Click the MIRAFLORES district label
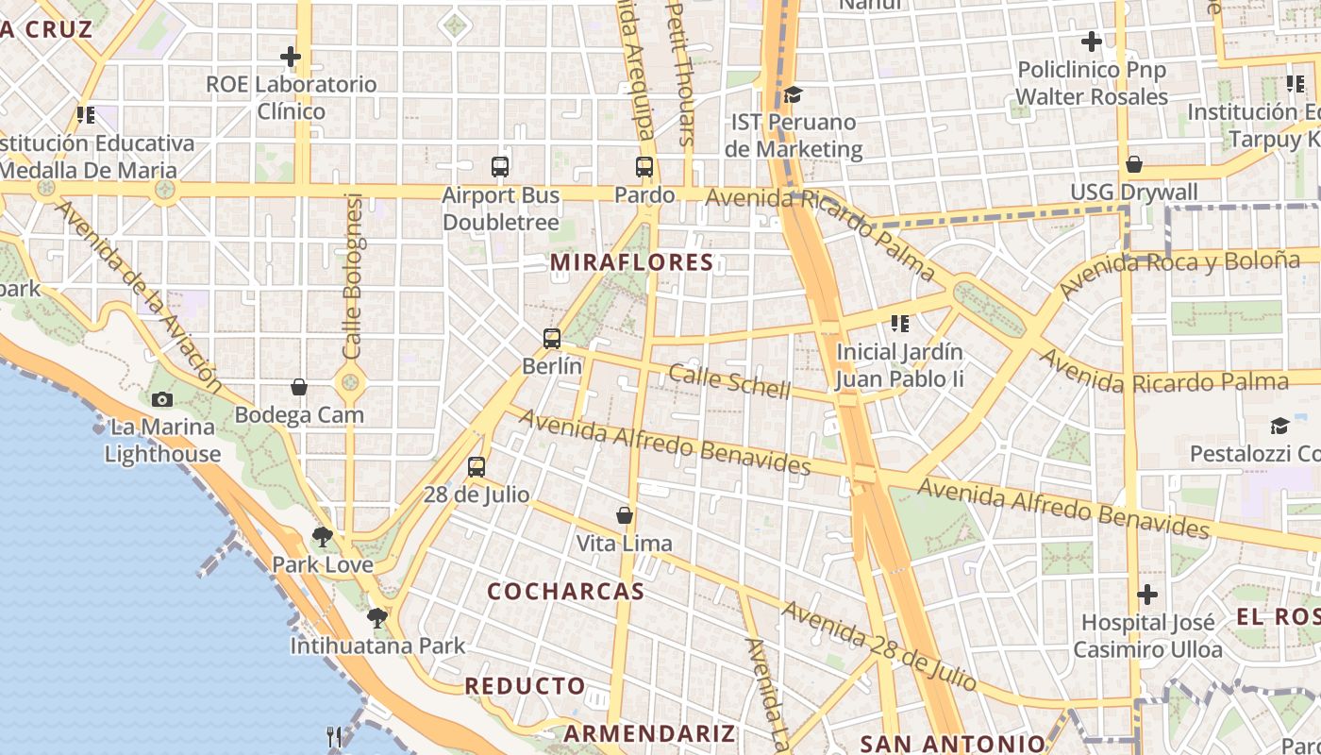point(631,262)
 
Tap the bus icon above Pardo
point(644,167)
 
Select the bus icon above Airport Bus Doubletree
point(500,167)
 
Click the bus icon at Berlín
point(552,338)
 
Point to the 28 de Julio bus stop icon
point(477,466)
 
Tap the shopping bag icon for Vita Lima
point(624,515)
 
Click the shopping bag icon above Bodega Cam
point(299,387)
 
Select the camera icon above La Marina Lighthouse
point(162,399)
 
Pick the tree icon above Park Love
point(323,537)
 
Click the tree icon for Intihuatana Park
point(377,618)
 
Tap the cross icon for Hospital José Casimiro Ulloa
point(1147,595)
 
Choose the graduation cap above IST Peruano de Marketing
point(793,94)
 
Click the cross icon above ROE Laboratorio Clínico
point(291,57)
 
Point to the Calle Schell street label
point(729,381)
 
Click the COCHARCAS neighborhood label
point(566,592)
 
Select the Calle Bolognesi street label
point(353,276)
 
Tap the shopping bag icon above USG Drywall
point(1134,164)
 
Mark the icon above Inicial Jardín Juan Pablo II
point(900,324)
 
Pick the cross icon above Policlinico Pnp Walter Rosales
point(1092,42)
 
